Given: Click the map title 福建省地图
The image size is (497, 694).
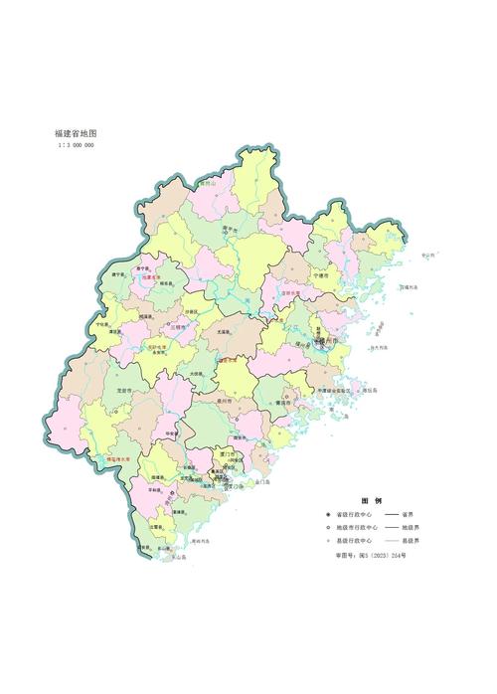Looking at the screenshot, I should [x=76, y=132].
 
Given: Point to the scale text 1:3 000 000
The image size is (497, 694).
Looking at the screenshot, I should [x=77, y=145].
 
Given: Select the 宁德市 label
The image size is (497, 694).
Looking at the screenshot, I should [x=320, y=275].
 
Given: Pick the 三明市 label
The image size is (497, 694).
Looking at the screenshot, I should [x=178, y=327].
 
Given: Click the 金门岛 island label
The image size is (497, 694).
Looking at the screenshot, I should [x=263, y=482].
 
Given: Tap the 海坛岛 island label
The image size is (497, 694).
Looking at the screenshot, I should [x=368, y=391].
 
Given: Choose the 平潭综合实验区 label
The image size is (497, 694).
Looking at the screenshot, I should [x=334, y=391].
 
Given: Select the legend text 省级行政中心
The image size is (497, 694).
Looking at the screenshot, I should [x=352, y=515].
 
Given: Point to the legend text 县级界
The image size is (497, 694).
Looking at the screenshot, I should [x=409, y=539].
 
